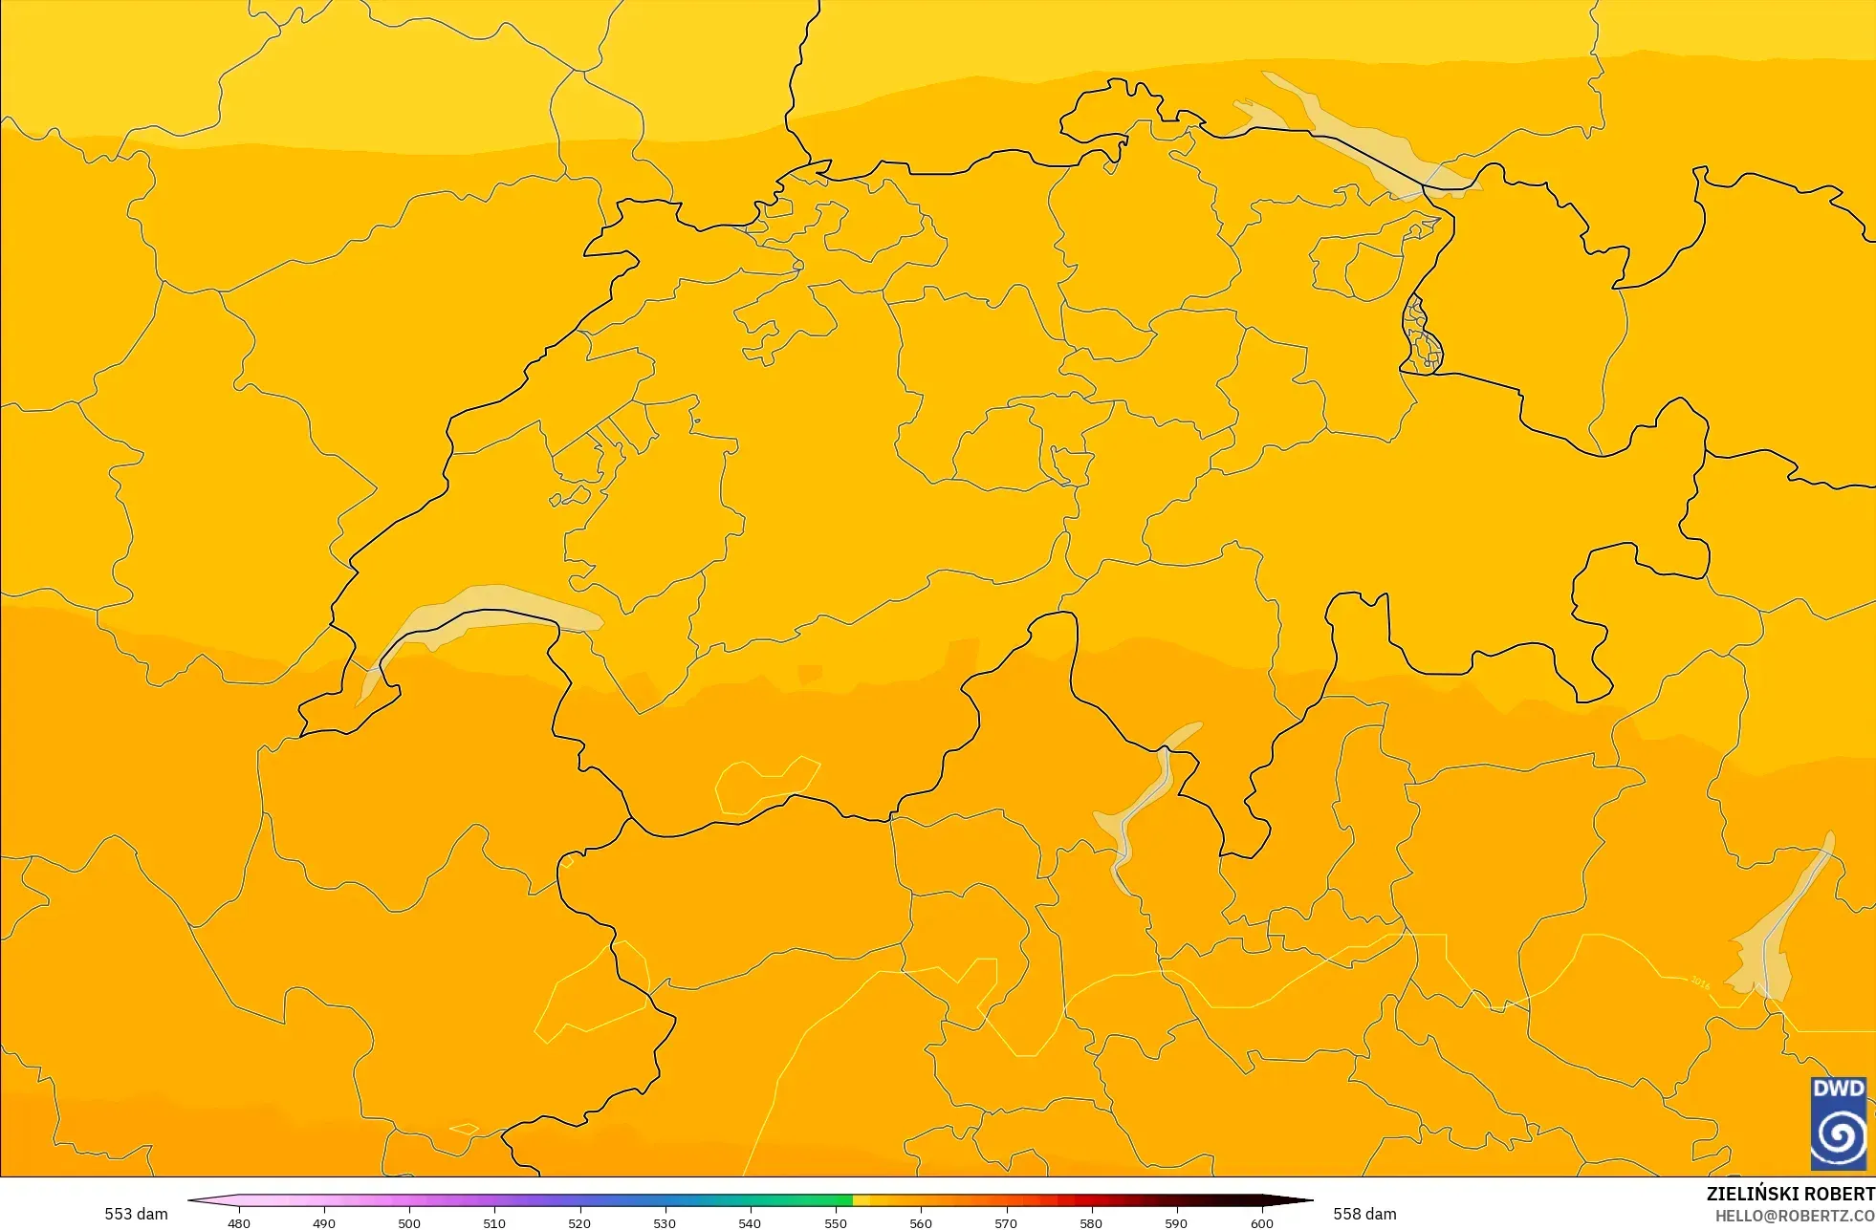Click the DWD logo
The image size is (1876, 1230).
(1838, 1123)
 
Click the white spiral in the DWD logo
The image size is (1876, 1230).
(1838, 1136)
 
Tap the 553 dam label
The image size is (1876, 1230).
(136, 1214)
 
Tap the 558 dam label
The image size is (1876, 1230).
(1364, 1214)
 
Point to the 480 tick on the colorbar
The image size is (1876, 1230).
(239, 1223)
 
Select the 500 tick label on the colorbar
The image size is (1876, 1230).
(409, 1223)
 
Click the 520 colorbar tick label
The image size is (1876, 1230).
(579, 1223)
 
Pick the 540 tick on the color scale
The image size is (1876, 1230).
(750, 1223)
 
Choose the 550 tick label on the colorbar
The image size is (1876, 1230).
(836, 1223)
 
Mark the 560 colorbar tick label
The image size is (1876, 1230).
(921, 1223)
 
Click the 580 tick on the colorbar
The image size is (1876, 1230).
(1091, 1223)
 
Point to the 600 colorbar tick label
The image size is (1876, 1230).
(1262, 1223)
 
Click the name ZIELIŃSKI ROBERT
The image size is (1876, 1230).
(1790, 1194)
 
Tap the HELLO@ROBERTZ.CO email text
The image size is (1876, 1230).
(1794, 1216)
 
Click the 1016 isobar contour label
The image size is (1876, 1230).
(1699, 982)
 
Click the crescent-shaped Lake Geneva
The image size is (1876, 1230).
(478, 611)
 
